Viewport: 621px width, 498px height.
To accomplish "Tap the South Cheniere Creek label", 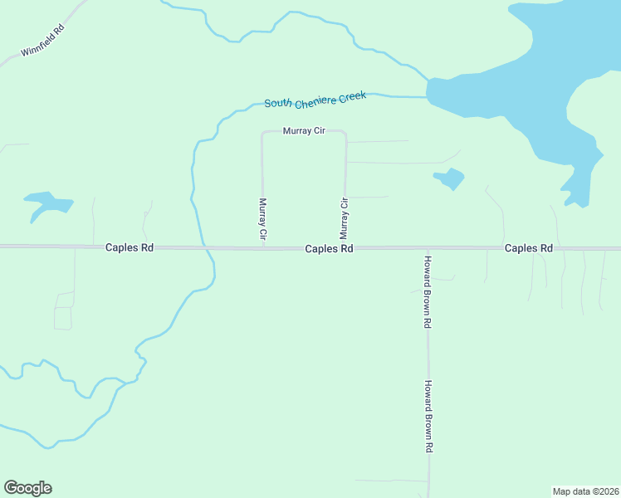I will click(x=315, y=100).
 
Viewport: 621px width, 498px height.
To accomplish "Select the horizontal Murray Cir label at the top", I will click(x=303, y=131).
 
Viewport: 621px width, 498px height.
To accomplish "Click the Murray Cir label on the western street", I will click(x=263, y=219).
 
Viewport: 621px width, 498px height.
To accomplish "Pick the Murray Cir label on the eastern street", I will click(x=345, y=219).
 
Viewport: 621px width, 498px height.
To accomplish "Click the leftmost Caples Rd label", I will click(x=130, y=247).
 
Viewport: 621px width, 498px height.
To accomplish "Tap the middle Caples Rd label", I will click(x=329, y=248).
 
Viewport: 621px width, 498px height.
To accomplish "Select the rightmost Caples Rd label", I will click(x=529, y=248).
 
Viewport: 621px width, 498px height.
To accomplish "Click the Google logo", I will click(x=27, y=488).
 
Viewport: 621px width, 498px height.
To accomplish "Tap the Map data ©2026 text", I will click(x=585, y=491).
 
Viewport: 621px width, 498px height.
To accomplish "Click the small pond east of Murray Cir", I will click(x=449, y=178).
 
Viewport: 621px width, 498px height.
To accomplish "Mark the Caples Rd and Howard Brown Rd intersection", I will click(x=428, y=248).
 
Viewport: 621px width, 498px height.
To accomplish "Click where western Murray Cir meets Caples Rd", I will click(x=263, y=247).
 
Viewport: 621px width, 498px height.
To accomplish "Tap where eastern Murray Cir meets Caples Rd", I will click(x=345, y=247).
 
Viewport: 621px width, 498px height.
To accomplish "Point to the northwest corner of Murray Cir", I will click(x=263, y=132).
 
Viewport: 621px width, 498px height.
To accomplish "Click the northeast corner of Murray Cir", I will click(x=345, y=133).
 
